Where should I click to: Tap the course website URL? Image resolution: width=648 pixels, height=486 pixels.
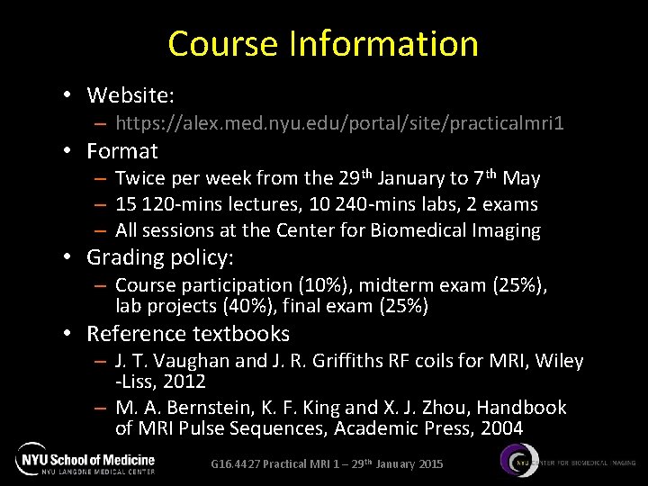tap(340, 121)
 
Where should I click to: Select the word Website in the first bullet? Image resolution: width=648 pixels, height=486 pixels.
tap(129, 94)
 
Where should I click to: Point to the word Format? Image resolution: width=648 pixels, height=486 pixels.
tap(121, 151)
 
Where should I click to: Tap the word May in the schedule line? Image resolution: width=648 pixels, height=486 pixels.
tap(522, 179)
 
